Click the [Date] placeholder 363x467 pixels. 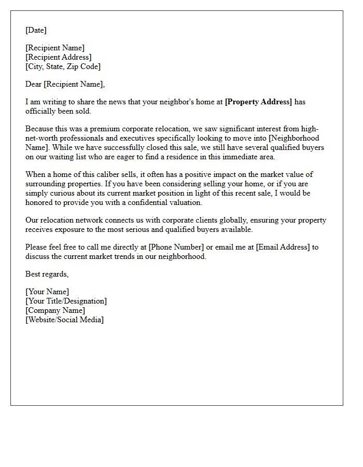(x=36, y=30)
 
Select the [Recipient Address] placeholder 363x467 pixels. (x=59, y=57)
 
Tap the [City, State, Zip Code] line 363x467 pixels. (x=63, y=66)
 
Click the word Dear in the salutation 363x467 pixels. (x=34, y=84)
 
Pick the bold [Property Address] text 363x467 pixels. (x=258, y=102)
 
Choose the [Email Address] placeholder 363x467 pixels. (x=283, y=247)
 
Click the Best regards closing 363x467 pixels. (x=47, y=274)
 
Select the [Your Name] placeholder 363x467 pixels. (x=47, y=292)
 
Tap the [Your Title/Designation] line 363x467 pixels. (x=66, y=301)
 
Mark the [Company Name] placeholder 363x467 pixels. (x=55, y=310)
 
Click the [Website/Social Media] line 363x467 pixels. (x=65, y=320)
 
